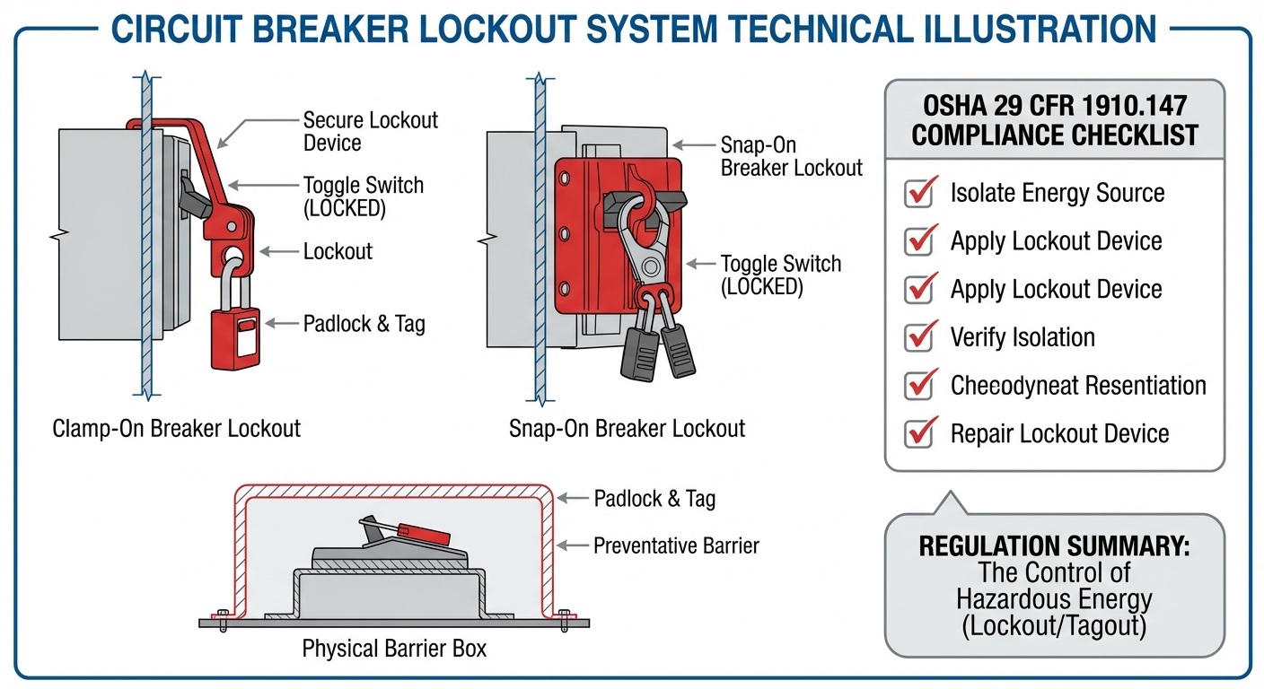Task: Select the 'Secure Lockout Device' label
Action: [370, 132]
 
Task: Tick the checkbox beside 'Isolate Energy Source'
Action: [918, 193]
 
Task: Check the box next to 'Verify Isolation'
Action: [918, 337]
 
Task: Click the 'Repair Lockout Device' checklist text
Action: [1059, 434]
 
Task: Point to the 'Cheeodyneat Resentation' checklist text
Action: [1077, 386]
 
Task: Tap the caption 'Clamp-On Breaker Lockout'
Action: [177, 428]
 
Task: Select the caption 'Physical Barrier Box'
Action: [394, 648]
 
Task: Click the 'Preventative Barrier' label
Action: [676, 545]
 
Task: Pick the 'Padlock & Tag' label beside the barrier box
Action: [654, 499]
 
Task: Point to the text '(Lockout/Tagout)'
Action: [1054, 626]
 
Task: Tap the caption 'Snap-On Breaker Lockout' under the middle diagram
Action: [627, 428]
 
